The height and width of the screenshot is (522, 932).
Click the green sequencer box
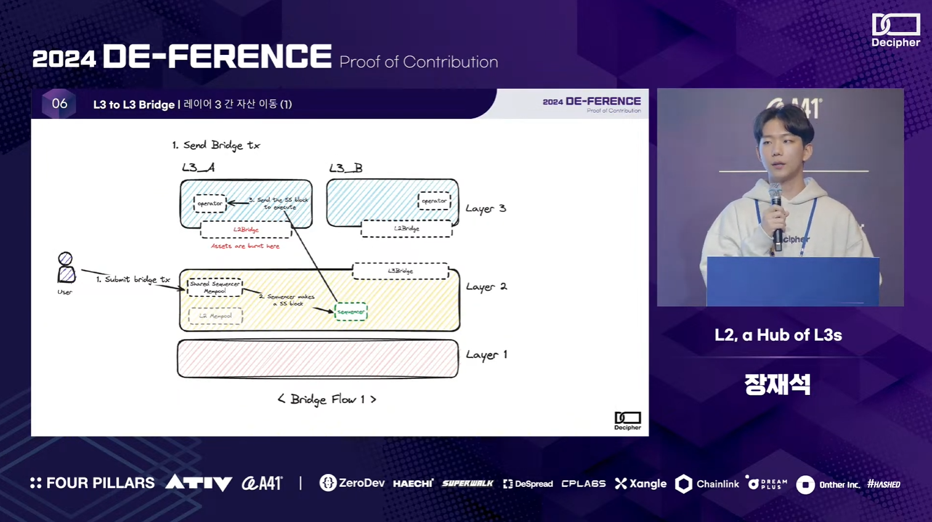pos(351,312)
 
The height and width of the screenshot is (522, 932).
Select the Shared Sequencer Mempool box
pos(214,287)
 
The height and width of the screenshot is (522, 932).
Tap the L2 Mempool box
pos(215,316)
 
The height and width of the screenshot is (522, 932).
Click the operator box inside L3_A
pos(210,203)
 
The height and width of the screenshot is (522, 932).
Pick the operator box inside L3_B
pos(434,201)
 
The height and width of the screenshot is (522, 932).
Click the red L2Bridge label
pos(246,230)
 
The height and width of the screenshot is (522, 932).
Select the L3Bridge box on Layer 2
pos(400,271)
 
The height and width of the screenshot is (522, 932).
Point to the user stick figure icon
pos(66,268)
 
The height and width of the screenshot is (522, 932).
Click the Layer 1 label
pos(486,355)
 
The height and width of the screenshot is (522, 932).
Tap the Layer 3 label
pos(485,209)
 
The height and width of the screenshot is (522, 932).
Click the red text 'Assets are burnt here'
pos(245,247)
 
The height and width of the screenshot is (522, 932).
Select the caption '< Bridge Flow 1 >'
pos(326,399)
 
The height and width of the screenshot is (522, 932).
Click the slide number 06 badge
pos(59,104)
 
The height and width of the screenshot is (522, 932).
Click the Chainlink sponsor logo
pos(707,484)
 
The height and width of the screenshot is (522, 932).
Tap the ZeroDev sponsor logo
pos(352,483)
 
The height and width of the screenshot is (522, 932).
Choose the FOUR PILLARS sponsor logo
pos(92,483)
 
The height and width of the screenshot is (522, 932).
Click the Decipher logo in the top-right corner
pos(896,30)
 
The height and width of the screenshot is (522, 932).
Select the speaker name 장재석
pos(777,385)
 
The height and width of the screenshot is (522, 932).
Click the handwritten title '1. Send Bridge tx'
pos(216,145)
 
